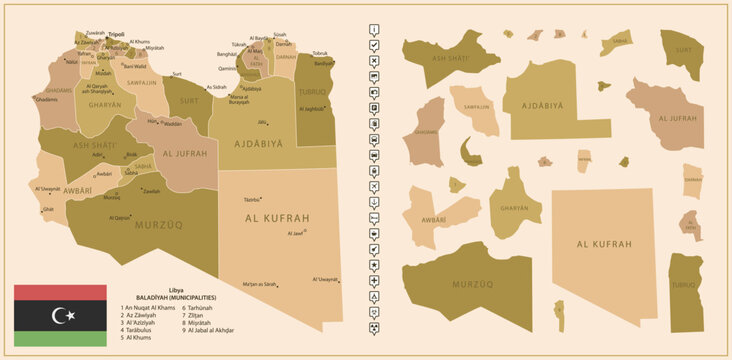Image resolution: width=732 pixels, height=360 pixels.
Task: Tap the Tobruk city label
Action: [320, 53]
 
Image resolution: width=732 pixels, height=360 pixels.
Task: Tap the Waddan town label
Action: [173, 124]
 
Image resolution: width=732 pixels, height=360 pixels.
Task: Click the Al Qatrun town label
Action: [118, 217]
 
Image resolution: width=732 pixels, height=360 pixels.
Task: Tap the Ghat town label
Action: [48, 209]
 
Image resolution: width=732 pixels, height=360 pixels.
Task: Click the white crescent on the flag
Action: [62, 316]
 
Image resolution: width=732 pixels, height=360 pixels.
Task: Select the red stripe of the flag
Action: [60, 292]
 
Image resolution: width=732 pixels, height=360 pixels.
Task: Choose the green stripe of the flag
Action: [60, 338]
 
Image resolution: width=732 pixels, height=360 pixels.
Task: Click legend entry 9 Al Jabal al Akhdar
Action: [209, 330]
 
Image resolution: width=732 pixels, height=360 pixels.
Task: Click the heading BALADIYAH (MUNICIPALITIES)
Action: [169, 298]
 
